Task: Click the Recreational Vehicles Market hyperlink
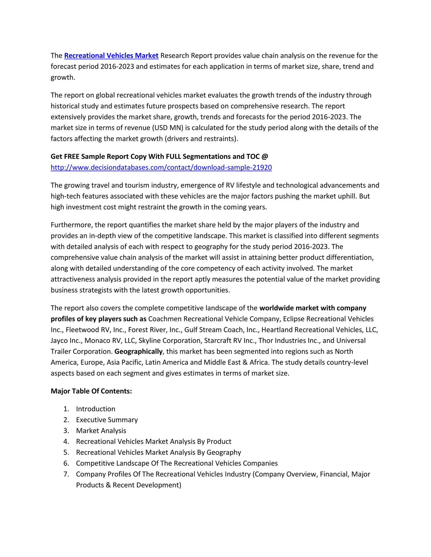[x=111, y=55]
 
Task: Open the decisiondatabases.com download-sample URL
[x=161, y=167]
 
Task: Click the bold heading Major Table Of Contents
[x=91, y=391]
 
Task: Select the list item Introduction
[x=96, y=409]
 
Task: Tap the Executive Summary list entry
[x=107, y=420]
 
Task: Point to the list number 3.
[x=66, y=431]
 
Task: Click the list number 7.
[x=66, y=474]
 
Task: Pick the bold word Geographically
[x=139, y=352]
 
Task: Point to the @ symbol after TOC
[x=265, y=156]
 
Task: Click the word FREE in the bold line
[x=72, y=156]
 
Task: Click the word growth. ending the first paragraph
[x=63, y=77]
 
